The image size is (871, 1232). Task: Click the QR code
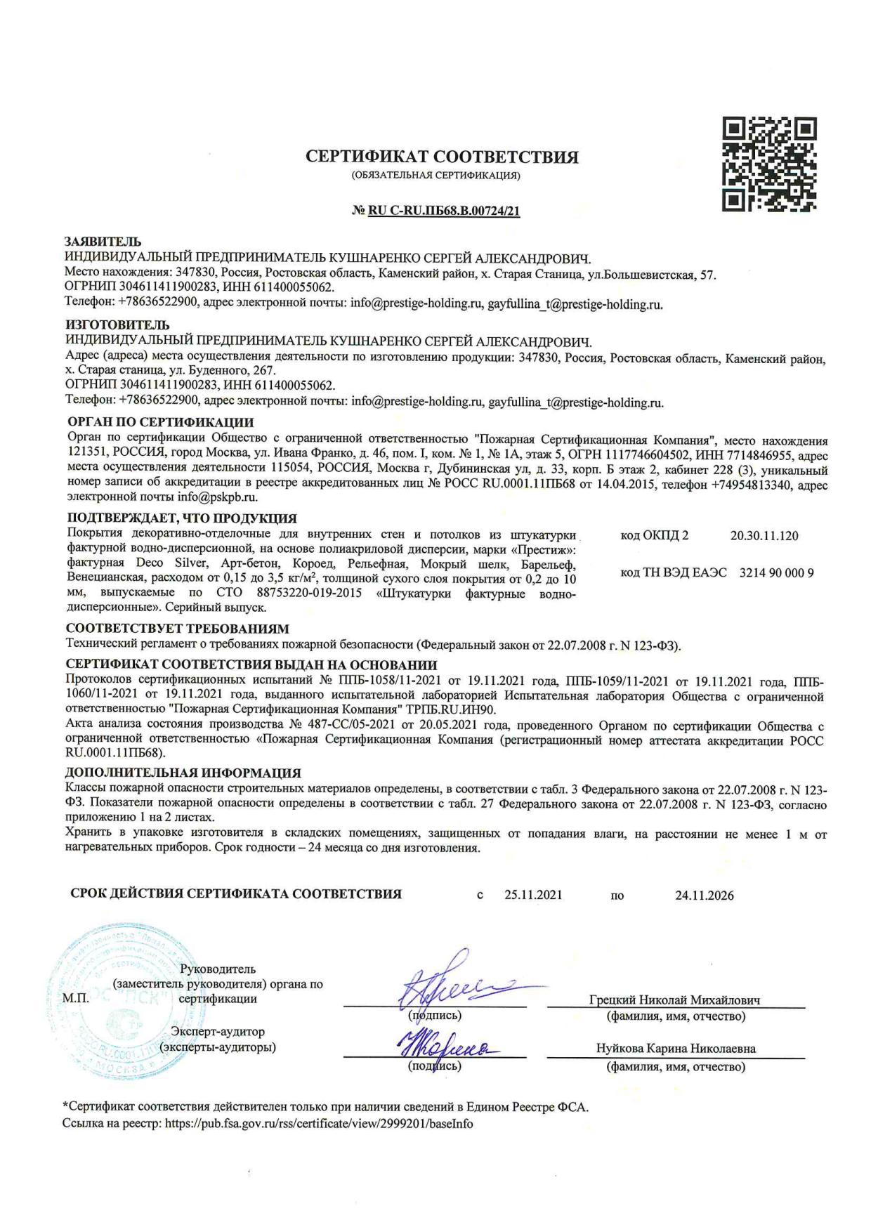(x=769, y=165)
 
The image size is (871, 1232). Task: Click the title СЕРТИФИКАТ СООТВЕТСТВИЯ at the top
(x=442, y=157)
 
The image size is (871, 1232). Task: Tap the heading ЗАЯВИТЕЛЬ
(x=103, y=242)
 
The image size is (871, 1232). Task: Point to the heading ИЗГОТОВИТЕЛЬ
(x=117, y=325)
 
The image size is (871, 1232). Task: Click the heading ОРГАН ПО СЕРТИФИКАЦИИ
(x=160, y=423)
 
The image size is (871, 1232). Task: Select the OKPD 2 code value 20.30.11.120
(x=764, y=536)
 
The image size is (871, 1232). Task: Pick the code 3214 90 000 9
(x=776, y=572)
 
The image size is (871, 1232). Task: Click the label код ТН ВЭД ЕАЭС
(x=674, y=572)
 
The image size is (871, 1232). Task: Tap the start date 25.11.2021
(x=532, y=895)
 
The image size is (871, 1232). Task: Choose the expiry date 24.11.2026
(x=704, y=895)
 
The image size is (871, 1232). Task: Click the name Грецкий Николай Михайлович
(x=674, y=1000)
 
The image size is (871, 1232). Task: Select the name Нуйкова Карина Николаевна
(x=676, y=1049)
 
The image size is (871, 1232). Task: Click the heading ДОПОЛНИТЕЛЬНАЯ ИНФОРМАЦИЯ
(x=183, y=773)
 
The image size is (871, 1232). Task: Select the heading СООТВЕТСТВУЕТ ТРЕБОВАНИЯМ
(x=177, y=629)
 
